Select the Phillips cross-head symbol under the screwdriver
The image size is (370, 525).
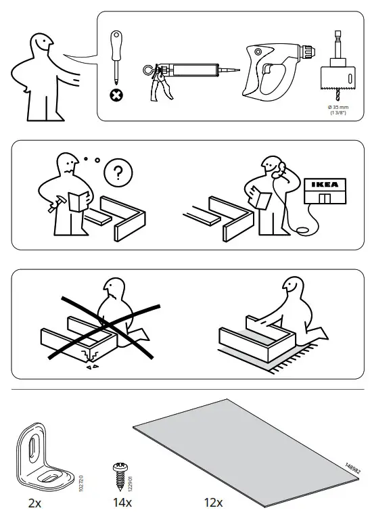click(x=117, y=95)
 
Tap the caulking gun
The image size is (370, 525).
click(x=183, y=72)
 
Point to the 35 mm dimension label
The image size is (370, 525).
click(x=338, y=109)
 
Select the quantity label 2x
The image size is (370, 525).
click(x=34, y=503)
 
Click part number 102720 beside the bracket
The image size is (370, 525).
click(x=82, y=466)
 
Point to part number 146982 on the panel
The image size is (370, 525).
click(x=351, y=467)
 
